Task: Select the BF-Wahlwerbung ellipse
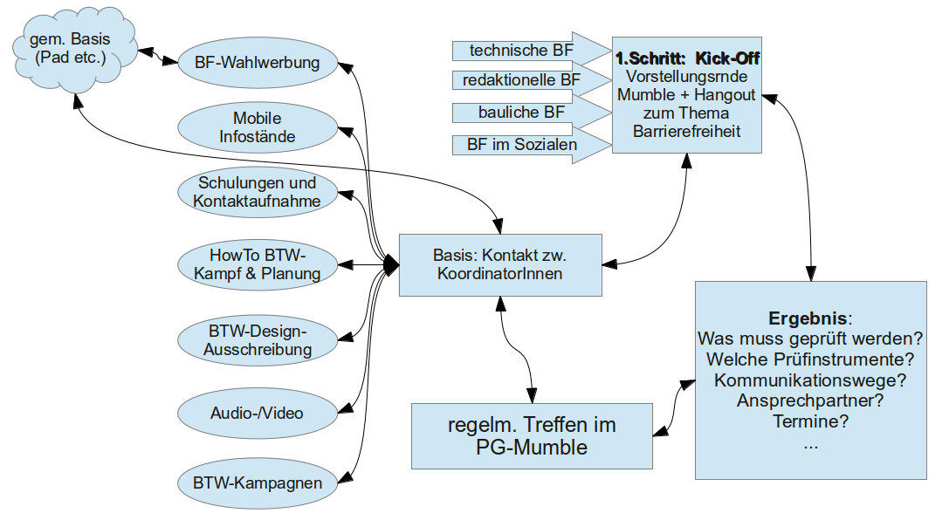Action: tap(257, 63)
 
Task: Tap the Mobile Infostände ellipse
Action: tap(257, 127)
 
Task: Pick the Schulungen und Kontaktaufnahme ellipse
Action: tap(257, 192)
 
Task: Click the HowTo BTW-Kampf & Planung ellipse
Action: tap(257, 263)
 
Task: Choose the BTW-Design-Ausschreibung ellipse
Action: tap(257, 341)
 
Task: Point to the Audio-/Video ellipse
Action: tap(257, 412)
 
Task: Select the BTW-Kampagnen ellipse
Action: tap(257, 482)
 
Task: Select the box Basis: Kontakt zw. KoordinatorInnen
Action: tap(500, 264)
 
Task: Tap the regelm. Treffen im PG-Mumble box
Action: tap(532, 436)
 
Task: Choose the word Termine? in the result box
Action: tap(811, 422)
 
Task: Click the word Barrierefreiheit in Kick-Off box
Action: tap(687, 132)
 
